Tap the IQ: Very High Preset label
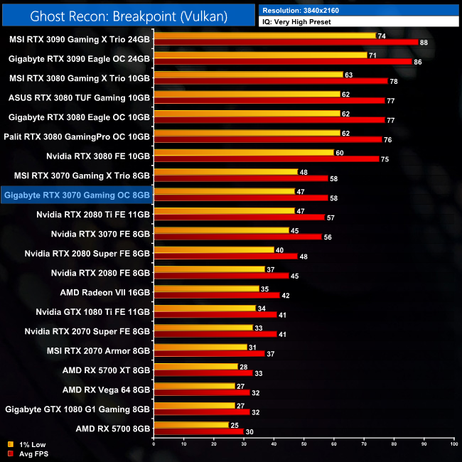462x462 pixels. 296,22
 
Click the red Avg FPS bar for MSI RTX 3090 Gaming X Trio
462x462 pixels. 284,42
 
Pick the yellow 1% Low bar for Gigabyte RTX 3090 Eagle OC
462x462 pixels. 259,55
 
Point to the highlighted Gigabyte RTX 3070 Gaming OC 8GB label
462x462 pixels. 77,194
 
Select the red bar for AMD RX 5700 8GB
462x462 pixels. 198,431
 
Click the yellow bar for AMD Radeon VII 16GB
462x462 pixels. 206,289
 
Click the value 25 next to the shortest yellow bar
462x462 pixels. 234,425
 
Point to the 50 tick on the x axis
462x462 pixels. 303,444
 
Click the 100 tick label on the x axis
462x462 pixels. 453,444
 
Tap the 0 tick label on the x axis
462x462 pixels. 154,444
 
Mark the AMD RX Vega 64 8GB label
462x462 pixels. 106,390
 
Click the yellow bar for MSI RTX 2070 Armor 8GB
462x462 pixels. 200,347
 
